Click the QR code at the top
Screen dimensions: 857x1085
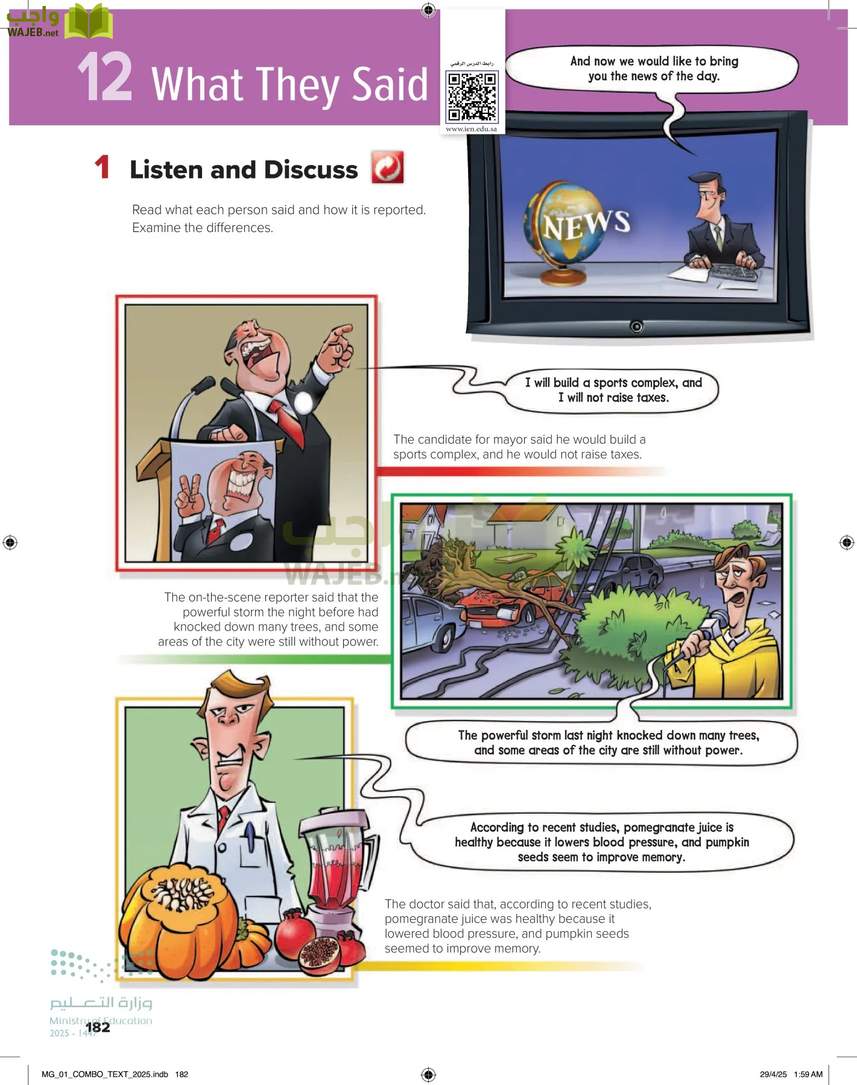click(472, 96)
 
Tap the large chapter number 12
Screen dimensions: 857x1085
click(105, 77)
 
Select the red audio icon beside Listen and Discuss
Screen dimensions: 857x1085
click(387, 167)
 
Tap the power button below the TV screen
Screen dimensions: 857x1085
click(636, 326)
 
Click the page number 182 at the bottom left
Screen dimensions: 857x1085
click(98, 1027)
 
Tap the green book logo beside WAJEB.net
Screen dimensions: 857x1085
click(89, 22)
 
